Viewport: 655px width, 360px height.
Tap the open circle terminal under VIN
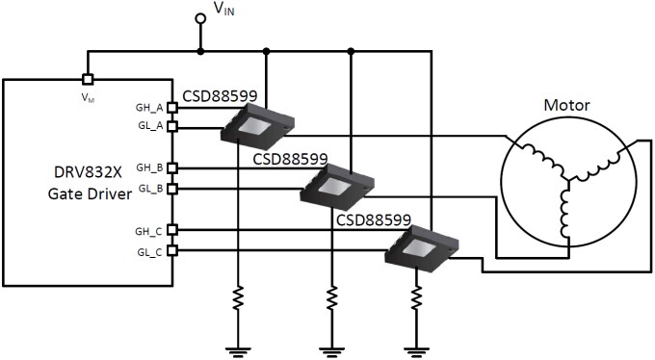200,18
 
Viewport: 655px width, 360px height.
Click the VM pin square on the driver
88,80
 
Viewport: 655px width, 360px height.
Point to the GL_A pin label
149,126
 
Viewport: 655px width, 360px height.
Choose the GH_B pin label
149,167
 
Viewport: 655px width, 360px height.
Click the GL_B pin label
149,188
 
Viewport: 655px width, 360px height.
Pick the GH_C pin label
149,230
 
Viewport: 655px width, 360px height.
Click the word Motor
567,104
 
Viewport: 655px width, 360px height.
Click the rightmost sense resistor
415,297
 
